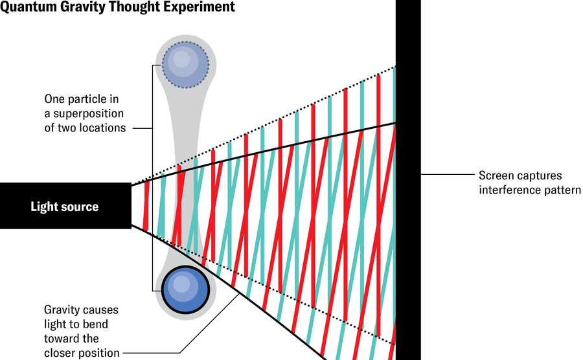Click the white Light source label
pos(65,207)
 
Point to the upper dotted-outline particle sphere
pos(185,65)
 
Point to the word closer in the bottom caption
pos(60,353)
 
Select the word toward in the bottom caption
pos(62,339)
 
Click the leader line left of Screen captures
pos(447,175)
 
